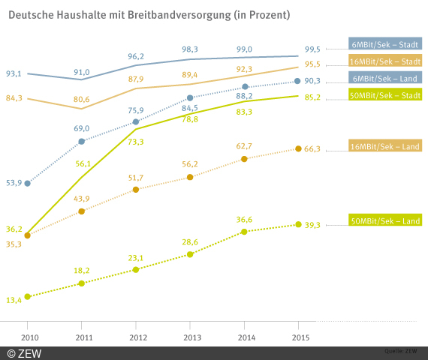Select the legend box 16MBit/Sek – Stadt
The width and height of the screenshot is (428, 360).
pos(385,61)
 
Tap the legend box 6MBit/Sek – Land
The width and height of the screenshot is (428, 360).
pos(385,78)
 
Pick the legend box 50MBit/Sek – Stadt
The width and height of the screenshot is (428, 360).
pos(385,94)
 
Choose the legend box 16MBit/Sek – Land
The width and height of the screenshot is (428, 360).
pos(385,146)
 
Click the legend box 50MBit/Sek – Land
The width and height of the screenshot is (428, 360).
pos(385,220)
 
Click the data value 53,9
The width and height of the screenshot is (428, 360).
pos(14,183)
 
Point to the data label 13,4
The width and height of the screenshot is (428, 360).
pos(14,300)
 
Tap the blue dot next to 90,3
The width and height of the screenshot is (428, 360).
pos(298,81)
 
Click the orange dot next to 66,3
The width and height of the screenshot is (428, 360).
pos(298,149)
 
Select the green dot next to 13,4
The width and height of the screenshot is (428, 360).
pos(27,297)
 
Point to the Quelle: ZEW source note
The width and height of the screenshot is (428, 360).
pos(399,350)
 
